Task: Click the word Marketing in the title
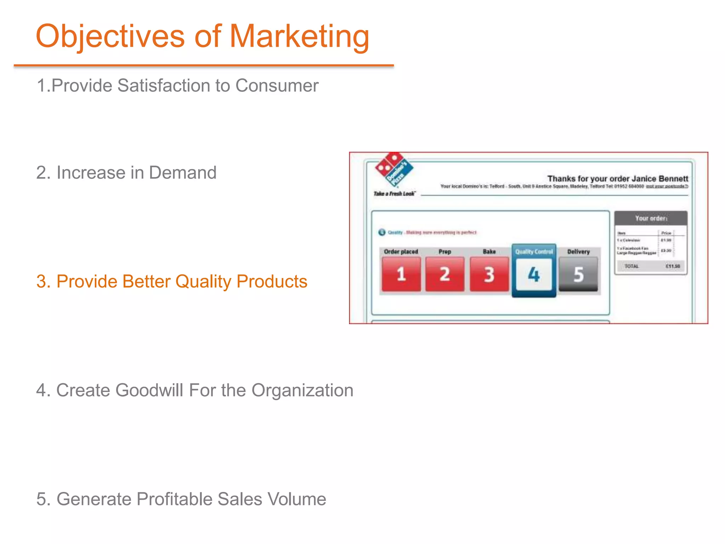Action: pos(299,36)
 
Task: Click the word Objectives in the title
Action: pos(110,36)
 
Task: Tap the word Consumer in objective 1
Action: pos(277,86)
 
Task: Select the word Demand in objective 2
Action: pos(182,173)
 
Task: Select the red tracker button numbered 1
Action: pos(401,274)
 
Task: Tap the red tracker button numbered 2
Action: pos(445,274)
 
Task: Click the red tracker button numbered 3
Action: pos(489,274)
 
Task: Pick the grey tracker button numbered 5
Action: pos(578,274)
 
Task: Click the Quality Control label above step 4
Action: pos(534,251)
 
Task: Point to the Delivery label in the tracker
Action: pos(578,251)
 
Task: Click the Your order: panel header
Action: pos(651,218)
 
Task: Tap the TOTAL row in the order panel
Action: pos(651,266)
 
